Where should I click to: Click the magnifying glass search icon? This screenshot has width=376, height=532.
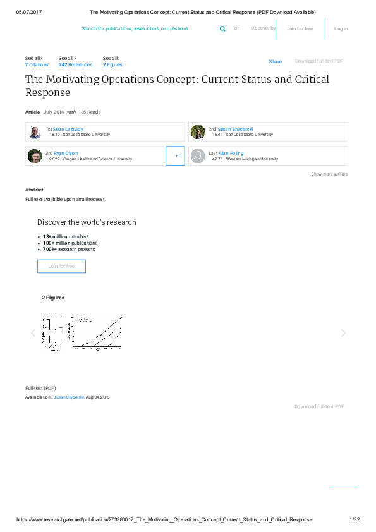222,28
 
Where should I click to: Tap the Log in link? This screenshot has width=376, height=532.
341,28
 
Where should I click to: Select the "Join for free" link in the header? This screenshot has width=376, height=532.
300,28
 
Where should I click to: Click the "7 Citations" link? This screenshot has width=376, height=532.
37,64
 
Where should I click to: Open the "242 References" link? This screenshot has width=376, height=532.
75,64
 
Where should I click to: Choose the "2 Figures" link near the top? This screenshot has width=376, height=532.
112,64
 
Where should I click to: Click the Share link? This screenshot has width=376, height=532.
275,61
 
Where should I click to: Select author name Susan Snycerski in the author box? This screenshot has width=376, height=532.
235,128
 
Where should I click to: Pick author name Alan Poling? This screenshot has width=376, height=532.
231,153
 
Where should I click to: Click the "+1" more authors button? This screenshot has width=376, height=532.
175,155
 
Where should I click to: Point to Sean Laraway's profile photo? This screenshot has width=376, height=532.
35,131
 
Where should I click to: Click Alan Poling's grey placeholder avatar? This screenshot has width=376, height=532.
198,156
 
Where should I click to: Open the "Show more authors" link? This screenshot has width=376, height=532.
329,174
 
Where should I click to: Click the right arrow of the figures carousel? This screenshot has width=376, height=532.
343,333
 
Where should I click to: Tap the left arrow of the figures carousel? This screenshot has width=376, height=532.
33,333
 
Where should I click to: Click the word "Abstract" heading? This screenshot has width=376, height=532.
34,190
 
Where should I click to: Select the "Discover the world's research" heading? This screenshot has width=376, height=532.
87,222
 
